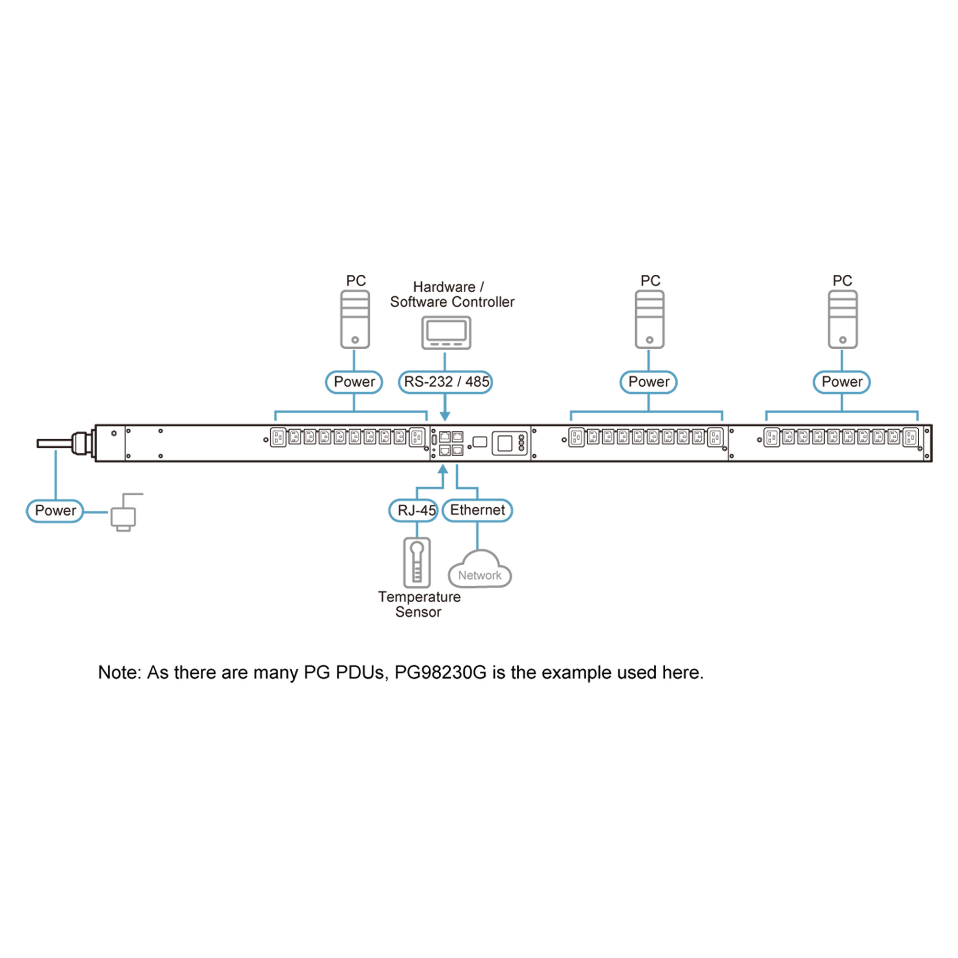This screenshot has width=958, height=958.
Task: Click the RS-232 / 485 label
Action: coord(445,382)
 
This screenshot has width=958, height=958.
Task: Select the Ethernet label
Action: coord(477,510)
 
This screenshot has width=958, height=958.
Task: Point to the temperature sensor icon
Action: coord(417,562)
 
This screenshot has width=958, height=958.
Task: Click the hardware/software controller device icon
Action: coord(446,333)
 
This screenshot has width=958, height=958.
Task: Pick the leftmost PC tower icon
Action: coord(355,319)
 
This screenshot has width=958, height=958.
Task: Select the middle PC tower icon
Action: coord(650,319)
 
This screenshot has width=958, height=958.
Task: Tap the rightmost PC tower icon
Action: coord(843,319)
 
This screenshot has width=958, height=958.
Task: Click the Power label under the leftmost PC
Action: coord(354,382)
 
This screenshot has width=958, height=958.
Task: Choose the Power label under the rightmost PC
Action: coord(842,382)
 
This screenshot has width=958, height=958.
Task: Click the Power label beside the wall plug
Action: coord(55,511)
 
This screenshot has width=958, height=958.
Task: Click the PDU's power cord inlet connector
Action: coord(82,443)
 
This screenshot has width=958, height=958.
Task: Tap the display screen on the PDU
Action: coord(505,443)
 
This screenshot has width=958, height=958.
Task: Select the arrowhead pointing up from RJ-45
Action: coord(443,469)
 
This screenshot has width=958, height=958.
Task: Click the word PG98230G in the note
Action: coord(440,673)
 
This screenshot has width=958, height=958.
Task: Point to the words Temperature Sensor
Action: coord(419,604)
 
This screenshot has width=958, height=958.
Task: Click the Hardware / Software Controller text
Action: coord(452,295)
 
